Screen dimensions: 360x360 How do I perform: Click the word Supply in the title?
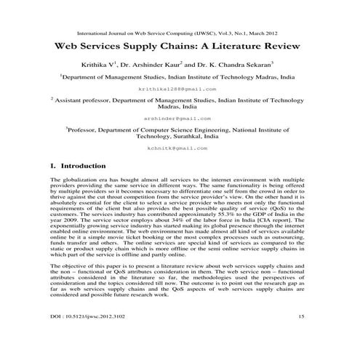pyautogui.click(x=151, y=45)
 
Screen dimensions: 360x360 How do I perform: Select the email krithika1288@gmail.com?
pyautogui.click(x=179, y=87)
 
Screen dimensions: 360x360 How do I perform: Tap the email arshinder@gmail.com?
pyautogui.click(x=179, y=117)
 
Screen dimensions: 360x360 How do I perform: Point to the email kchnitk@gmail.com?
pyautogui.click(x=179, y=147)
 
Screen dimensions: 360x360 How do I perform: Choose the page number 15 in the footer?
pyautogui.click(x=301, y=336)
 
